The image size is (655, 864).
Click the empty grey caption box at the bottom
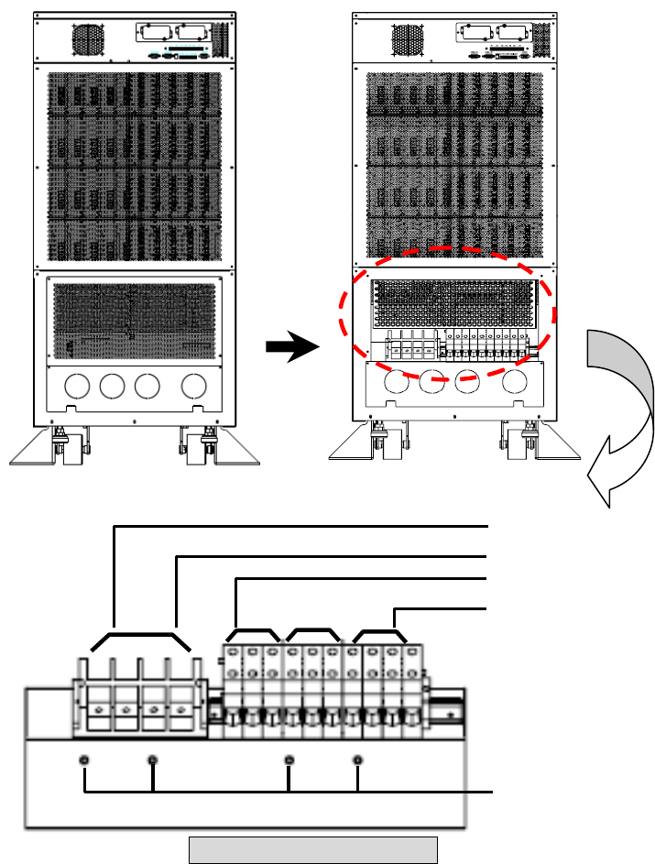pyautogui.click(x=312, y=849)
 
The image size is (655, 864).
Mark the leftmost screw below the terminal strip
pyautogui.click(x=84, y=760)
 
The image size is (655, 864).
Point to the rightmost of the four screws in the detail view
pyautogui.click(x=357, y=760)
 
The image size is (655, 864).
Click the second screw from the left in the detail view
pyautogui.click(x=153, y=760)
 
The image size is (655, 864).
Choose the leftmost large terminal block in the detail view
pyautogui.click(x=98, y=704)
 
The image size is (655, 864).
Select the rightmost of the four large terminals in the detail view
pyautogui.click(x=183, y=704)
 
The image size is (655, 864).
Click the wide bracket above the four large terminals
pyautogui.click(x=140, y=634)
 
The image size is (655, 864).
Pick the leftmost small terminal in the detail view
pyautogui.click(x=232, y=687)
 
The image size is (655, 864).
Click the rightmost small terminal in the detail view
pyautogui.click(x=414, y=687)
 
